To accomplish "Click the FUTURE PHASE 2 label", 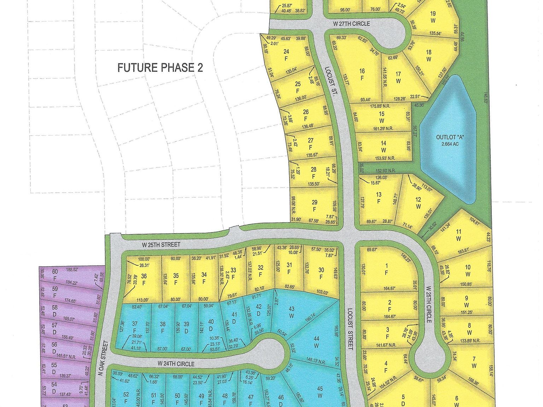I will click(160, 67).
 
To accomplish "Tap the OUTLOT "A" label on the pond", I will click(450, 137).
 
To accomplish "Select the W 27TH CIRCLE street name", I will click(351, 24).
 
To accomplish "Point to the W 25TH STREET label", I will click(161, 244).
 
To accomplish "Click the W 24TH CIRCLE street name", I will click(176, 363).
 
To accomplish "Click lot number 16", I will click(362, 71).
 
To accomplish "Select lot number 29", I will click(315, 202).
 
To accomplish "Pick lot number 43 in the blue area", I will click(291, 309).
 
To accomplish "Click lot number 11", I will click(459, 232).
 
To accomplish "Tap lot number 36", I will click(144, 276).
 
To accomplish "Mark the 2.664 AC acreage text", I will click(450, 144).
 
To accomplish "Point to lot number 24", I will click(286, 52).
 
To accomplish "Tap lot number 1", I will click(386, 266).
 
